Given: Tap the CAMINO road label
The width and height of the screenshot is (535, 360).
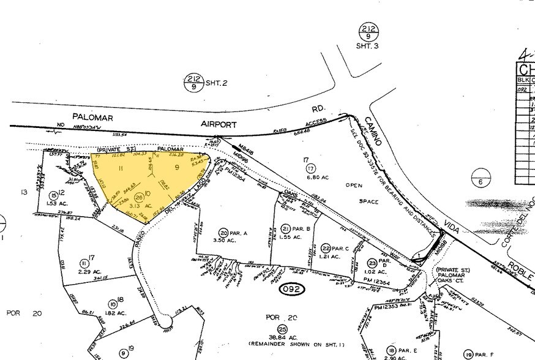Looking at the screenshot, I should (373, 129).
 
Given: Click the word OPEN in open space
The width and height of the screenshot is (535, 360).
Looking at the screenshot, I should (354, 185).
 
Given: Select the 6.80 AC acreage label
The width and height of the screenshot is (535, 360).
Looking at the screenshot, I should (316, 177).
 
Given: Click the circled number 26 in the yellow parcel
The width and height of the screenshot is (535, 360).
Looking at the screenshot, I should (139, 197).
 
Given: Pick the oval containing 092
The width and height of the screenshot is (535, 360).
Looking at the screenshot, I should (292, 288).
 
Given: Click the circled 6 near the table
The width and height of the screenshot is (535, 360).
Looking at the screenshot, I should (481, 181).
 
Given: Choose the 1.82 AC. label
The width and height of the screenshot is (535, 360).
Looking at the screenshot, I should (117, 312).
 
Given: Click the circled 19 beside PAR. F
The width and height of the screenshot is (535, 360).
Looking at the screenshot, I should (468, 354).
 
